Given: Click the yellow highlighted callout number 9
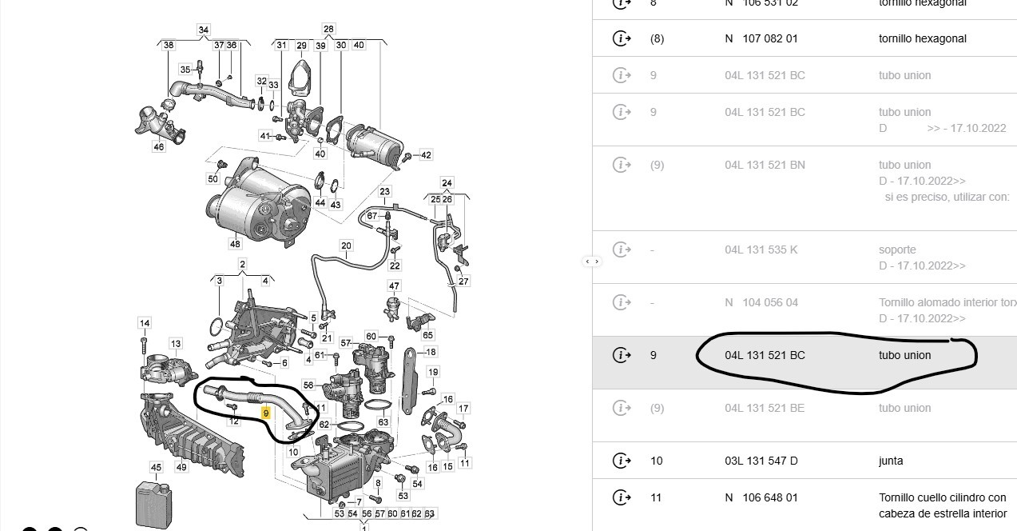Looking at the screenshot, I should click(266, 413).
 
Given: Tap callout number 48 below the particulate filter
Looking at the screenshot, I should click(235, 243).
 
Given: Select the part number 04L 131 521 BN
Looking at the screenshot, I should click(765, 165).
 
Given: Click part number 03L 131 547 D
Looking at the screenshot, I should click(761, 461).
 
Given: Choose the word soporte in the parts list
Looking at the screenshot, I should click(897, 250).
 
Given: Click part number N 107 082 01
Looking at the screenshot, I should click(761, 38).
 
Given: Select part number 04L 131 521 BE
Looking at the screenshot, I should click(765, 408).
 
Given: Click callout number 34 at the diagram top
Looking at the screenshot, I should click(204, 30).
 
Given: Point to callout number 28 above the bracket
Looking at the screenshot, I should click(328, 30).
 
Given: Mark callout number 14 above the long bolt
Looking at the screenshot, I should click(145, 323).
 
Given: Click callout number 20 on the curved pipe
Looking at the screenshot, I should click(346, 246).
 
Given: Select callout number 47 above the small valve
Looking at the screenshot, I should click(394, 285).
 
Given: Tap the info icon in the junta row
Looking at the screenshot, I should click(621, 461).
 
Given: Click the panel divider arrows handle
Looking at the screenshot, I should click(592, 262).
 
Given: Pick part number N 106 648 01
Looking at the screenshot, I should click(761, 497).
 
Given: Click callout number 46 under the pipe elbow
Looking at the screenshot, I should click(158, 147).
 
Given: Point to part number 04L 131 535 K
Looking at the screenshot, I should click(761, 250).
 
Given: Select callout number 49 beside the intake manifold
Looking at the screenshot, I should click(181, 467).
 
